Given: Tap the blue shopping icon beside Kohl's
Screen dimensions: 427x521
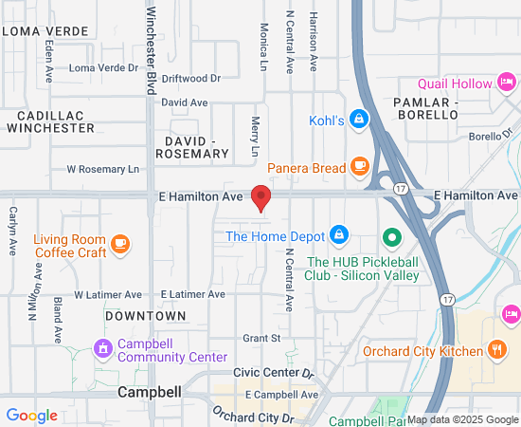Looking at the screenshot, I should (358, 120).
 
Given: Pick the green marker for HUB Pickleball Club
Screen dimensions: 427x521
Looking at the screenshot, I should (390, 236).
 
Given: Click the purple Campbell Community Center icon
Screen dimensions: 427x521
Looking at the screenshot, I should (102, 347).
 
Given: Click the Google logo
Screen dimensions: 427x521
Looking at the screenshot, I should (31, 415).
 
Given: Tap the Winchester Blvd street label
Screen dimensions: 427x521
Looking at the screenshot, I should (151, 51).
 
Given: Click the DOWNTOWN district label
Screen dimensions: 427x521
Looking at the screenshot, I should (145, 315).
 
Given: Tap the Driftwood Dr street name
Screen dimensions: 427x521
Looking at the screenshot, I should (190, 79).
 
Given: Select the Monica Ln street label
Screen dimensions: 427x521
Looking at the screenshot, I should (264, 47).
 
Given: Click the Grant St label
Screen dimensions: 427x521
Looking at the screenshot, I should (261, 337).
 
